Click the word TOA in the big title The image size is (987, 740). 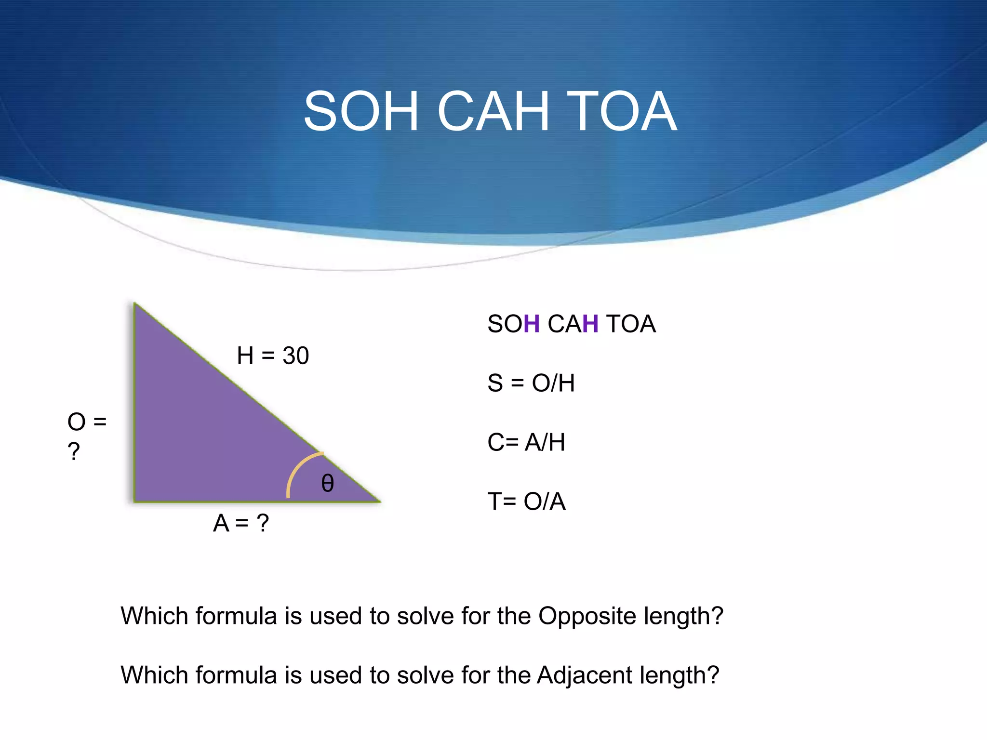[622, 112]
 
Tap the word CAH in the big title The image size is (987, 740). [493, 112]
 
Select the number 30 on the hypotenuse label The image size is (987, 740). [295, 356]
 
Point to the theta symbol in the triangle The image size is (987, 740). [327, 483]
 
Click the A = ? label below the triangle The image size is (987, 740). [241, 523]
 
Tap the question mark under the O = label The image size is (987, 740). [74, 451]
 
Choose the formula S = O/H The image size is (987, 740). [531, 383]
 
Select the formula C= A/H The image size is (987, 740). [526, 442]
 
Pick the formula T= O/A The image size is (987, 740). [526, 502]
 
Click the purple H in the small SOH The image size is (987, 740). [532, 324]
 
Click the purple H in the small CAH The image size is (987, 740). [590, 324]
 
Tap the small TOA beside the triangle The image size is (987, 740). [631, 324]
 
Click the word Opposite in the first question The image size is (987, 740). [587, 616]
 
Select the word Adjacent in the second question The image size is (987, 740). [584, 675]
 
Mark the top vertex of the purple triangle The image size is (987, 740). [134, 304]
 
